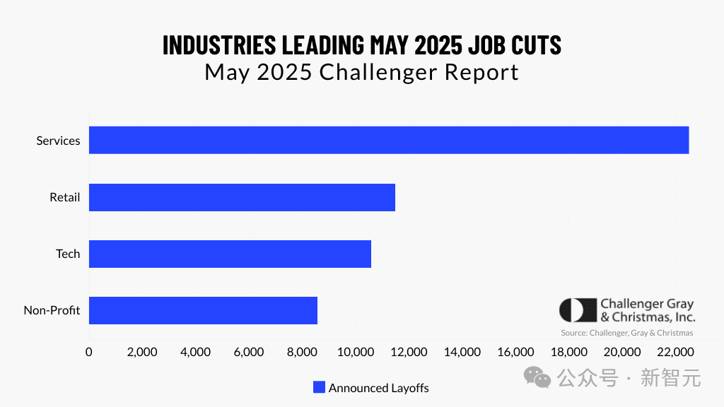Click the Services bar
tap(389, 140)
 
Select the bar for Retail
tap(242, 197)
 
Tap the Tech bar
tap(230, 254)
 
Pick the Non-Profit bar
tap(203, 310)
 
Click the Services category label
tap(58, 141)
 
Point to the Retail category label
tap(64, 197)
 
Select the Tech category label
tap(68, 254)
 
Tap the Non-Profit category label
tap(52, 310)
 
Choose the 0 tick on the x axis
tap(89, 352)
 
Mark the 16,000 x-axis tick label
tap(515, 352)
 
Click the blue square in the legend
tap(319, 387)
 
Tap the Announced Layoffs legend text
tap(378, 388)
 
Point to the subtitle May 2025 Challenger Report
tap(361, 72)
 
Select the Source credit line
tap(626, 333)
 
